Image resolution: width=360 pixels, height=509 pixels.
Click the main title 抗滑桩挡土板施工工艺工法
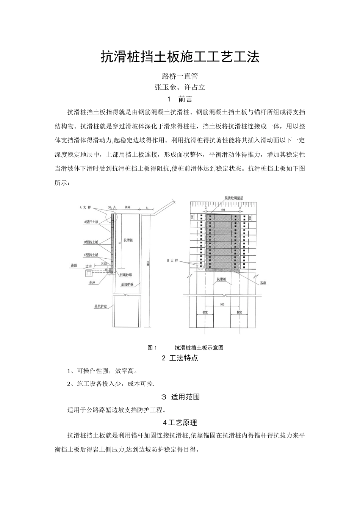180,57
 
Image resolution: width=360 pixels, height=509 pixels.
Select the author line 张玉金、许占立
180,87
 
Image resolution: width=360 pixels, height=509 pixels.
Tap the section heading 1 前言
180,100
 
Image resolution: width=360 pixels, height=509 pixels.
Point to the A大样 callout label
86,208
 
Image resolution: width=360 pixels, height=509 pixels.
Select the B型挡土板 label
91,242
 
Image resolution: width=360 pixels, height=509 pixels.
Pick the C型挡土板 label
91,255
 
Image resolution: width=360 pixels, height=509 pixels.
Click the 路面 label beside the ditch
74,266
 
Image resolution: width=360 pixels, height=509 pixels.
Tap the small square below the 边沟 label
88,273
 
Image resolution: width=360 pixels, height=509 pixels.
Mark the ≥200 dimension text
104,263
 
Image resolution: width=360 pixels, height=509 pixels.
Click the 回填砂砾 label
126,275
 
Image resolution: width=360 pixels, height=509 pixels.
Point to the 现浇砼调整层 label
233,198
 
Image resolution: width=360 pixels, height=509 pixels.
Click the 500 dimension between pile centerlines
222,304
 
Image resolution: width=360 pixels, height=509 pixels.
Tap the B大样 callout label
172,261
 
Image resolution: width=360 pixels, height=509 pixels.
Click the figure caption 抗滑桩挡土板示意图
199,348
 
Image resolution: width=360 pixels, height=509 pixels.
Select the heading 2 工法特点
180,358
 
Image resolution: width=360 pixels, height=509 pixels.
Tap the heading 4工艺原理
180,423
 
